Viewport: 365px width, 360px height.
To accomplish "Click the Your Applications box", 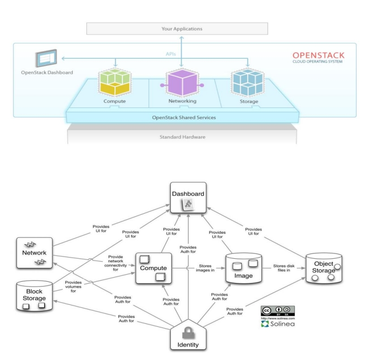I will coord(181,29).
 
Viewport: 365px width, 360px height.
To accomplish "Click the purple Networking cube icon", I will coord(182,79).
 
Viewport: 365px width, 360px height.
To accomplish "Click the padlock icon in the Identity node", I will coord(189,331).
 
